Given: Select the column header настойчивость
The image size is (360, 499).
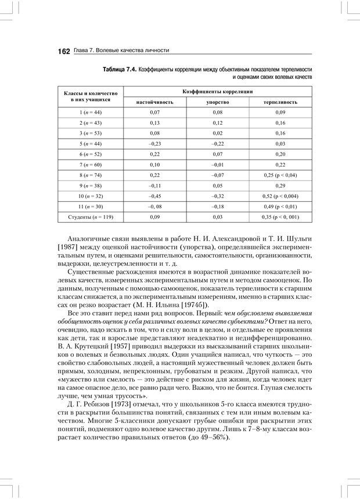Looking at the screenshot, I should [x=154, y=102].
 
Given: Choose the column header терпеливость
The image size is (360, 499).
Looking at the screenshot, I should [x=281, y=102].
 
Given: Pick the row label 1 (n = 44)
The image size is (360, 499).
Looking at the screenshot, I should [x=90, y=111].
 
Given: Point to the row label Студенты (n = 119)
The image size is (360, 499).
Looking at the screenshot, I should [x=90, y=217].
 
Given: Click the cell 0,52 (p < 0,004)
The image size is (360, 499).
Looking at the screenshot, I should [x=281, y=196].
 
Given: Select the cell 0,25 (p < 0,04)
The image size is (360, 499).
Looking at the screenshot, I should [x=281, y=175].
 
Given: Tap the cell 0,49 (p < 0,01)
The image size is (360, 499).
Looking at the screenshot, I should [x=281, y=207].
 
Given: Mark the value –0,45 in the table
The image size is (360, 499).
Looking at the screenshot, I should [x=154, y=196].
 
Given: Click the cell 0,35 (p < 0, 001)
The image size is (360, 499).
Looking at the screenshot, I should [x=281, y=217].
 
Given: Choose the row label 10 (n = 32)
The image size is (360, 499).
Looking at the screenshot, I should [x=90, y=196].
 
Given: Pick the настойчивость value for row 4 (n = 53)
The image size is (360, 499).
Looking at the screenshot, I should [x=154, y=132].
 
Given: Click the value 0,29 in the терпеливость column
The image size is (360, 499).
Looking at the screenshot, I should [x=281, y=185].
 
